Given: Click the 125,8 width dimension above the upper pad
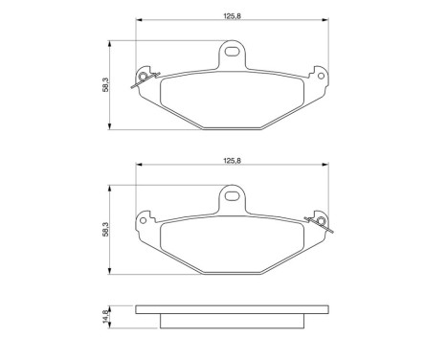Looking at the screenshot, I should click(x=231, y=13).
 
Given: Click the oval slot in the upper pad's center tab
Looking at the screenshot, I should click(x=232, y=52).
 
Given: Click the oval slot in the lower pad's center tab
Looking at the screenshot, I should click(x=232, y=198).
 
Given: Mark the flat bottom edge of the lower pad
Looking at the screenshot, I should click(x=231, y=272).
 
